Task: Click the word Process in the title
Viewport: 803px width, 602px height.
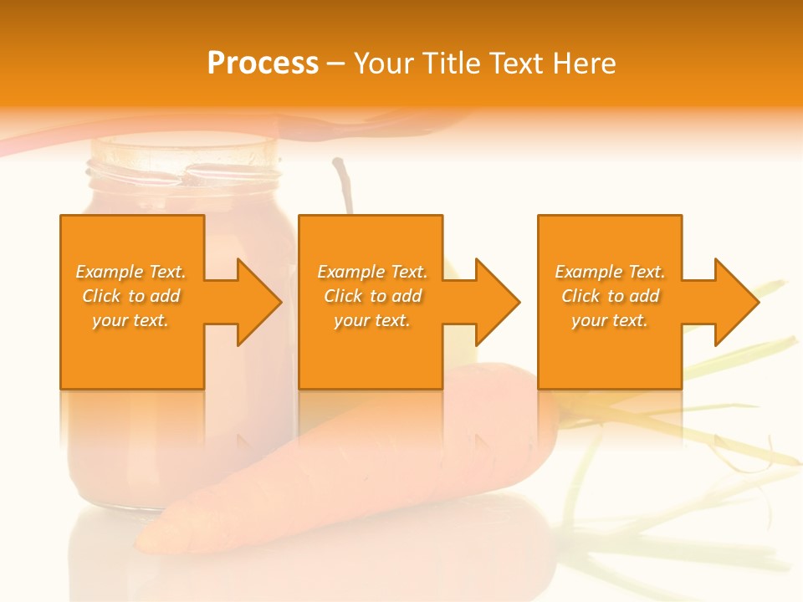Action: coord(263,64)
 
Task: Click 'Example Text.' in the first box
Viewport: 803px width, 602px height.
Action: coord(130,272)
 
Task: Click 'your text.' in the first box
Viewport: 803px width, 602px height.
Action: coord(130,320)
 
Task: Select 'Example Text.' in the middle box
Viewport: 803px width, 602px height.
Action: coord(372,272)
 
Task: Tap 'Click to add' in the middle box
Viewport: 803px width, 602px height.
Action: coord(372,296)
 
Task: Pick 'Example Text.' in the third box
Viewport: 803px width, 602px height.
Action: coord(610,272)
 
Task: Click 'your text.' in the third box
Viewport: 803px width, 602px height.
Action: coord(610,320)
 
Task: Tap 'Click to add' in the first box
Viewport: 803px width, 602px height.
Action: coord(130,296)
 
